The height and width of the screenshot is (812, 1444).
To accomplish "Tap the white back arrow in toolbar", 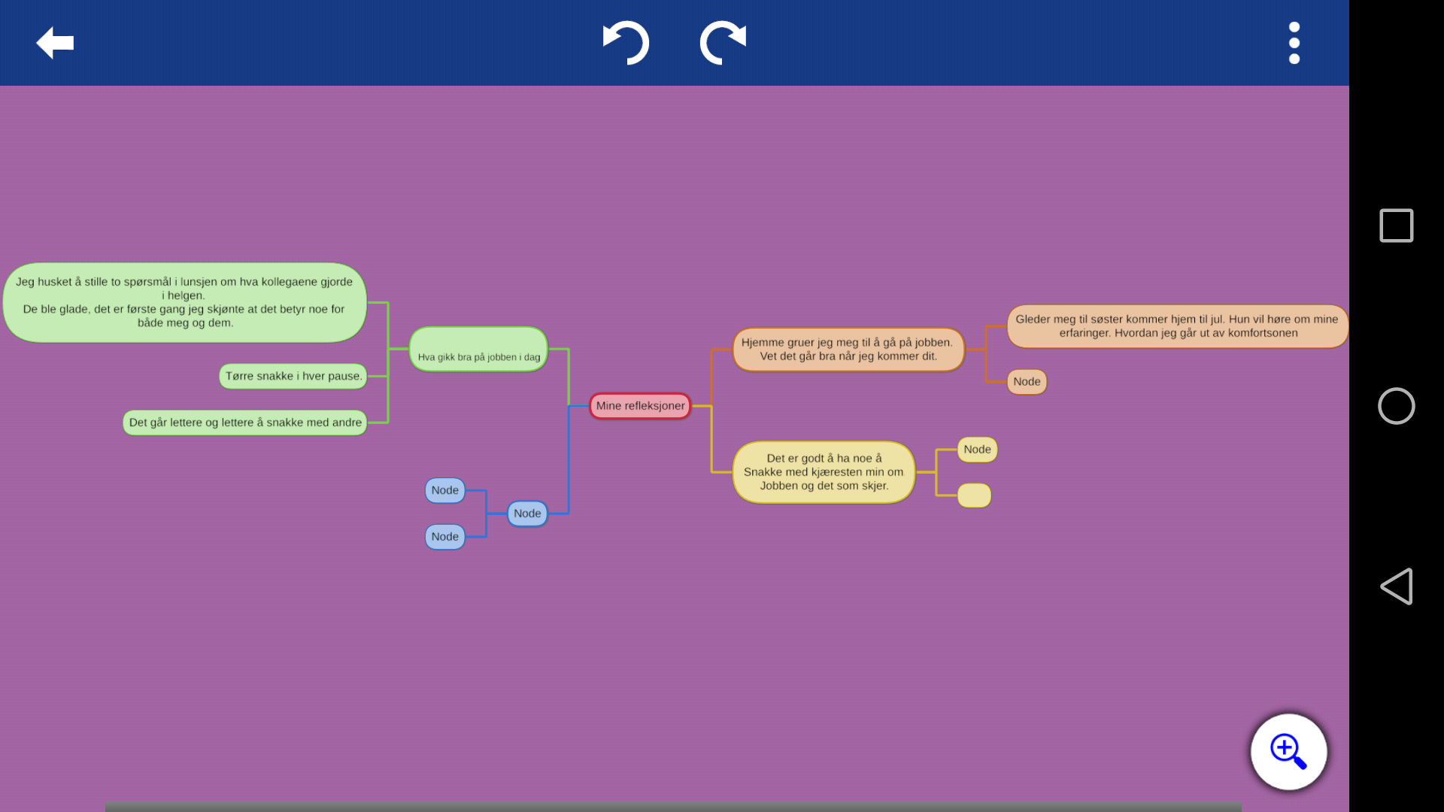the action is pyautogui.click(x=55, y=43).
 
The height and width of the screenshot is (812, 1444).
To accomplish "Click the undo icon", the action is pyautogui.click(x=626, y=43).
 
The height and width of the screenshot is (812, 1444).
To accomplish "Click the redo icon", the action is pyautogui.click(x=723, y=43).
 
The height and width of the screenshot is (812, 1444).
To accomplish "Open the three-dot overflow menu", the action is pyautogui.click(x=1294, y=43).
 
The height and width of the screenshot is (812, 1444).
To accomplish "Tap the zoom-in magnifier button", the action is pyautogui.click(x=1288, y=752).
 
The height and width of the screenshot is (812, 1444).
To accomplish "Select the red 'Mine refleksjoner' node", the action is pyautogui.click(x=640, y=406).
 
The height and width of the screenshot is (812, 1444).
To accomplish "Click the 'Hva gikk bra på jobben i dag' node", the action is pyautogui.click(x=478, y=349).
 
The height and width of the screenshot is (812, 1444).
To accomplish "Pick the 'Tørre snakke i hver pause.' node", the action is pyautogui.click(x=293, y=376).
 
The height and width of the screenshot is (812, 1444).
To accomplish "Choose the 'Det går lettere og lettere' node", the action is pyautogui.click(x=245, y=423).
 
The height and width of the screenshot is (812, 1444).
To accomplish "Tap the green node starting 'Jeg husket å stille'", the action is pyautogui.click(x=184, y=302).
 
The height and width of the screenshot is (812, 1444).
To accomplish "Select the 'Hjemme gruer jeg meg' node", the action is pyautogui.click(x=848, y=350).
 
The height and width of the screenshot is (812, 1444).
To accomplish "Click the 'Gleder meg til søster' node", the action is pyautogui.click(x=1177, y=326).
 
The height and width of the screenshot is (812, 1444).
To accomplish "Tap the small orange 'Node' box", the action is pyautogui.click(x=1027, y=382).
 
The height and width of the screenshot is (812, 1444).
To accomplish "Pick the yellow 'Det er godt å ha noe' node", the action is pyautogui.click(x=824, y=472).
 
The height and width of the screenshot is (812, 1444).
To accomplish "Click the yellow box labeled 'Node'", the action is pyautogui.click(x=977, y=450).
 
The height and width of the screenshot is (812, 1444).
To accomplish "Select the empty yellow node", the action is pyautogui.click(x=974, y=495).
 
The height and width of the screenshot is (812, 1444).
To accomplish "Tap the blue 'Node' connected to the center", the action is pyautogui.click(x=527, y=514).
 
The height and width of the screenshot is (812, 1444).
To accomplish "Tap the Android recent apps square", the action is pyautogui.click(x=1397, y=226).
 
